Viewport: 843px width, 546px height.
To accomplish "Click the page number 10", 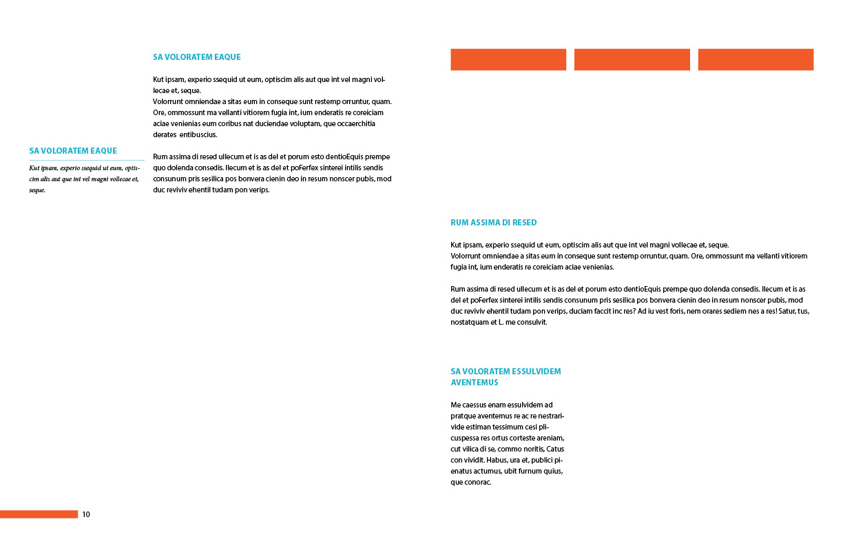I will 86,514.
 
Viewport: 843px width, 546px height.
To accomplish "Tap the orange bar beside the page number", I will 39,514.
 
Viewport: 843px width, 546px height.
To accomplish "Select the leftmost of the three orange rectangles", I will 508,59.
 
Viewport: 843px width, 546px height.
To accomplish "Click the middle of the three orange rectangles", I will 632,59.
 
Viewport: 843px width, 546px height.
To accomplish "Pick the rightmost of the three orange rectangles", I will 756,59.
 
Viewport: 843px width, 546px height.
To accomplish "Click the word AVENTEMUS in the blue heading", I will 475,383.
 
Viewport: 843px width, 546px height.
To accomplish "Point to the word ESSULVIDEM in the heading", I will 537,372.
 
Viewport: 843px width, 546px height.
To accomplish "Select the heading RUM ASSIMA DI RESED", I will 493,223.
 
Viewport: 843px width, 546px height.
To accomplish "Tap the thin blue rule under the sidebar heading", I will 87,160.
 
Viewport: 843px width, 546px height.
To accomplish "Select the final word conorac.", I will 478,482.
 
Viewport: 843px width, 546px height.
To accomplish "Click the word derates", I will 165,134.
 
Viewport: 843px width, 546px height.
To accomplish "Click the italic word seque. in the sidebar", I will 37,190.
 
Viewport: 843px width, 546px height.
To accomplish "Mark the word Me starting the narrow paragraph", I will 455,405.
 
